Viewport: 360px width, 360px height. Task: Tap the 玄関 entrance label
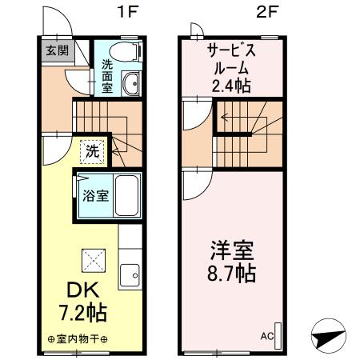point(55,50)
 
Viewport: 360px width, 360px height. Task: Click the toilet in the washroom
point(127,50)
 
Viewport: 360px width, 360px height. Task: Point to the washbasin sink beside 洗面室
point(131,84)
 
